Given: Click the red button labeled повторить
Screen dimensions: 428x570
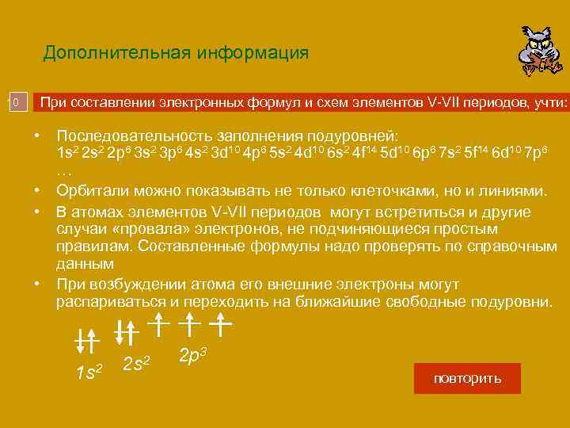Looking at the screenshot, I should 467,379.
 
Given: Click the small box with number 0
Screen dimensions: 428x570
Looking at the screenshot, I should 16,102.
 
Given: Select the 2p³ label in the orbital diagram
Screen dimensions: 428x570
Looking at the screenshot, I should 192,356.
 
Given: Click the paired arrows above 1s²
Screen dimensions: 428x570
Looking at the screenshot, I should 85,338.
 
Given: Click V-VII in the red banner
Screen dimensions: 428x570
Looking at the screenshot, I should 446,102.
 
